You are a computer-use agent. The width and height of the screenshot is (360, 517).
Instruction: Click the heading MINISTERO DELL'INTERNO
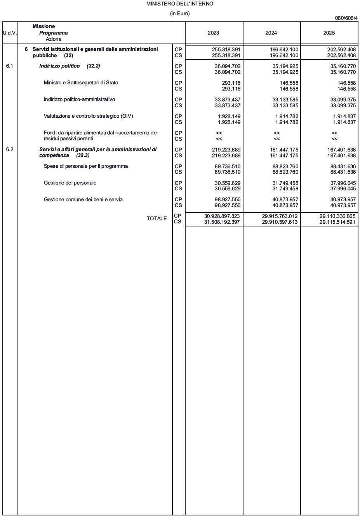pyautogui.click(x=180, y=4)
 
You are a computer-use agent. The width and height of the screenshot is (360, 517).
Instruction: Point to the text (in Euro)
pyautogui.click(x=180, y=14)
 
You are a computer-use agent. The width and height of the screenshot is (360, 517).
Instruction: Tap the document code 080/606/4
pyautogui.click(x=346, y=18)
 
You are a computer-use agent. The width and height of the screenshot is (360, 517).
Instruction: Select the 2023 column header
pyautogui.click(x=214, y=33)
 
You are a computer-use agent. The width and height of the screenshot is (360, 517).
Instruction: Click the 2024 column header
pyautogui.click(x=271, y=33)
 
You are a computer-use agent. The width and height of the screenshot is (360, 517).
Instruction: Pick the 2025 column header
pyautogui.click(x=329, y=33)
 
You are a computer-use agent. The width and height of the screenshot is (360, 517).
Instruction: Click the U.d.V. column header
pyautogui.click(x=10, y=33)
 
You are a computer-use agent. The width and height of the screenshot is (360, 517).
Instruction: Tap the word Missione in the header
pyautogui.click(x=43, y=26)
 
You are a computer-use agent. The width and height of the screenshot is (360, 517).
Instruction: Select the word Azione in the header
pyautogui.click(x=54, y=39)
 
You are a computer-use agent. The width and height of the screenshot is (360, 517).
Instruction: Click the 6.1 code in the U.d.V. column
pyautogui.click(x=10, y=66)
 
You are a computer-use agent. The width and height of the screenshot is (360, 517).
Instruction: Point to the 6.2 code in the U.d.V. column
pyautogui.click(x=10, y=150)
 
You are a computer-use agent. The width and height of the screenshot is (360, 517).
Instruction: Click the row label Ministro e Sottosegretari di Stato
pyautogui.click(x=81, y=83)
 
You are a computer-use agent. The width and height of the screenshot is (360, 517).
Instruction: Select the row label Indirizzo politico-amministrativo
pyautogui.click(x=79, y=99)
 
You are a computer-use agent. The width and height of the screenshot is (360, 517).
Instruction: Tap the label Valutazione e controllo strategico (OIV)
pyautogui.click(x=88, y=116)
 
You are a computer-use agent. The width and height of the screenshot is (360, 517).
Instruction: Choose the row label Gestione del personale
pyautogui.click(x=70, y=183)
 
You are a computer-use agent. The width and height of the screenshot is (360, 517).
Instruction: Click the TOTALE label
pyautogui.click(x=157, y=219)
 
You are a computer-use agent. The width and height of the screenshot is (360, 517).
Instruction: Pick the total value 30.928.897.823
pyautogui.click(x=222, y=216)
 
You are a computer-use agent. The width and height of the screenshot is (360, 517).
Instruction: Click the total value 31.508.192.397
pyautogui.click(x=222, y=222)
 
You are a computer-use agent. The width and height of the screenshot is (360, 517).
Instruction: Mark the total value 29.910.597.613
pyautogui.click(x=280, y=222)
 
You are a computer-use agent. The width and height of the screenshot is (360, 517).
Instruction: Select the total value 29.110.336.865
pyautogui.click(x=337, y=216)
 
